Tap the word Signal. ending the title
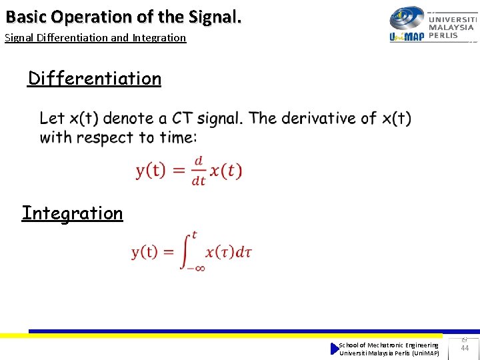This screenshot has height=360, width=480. tap(213, 15)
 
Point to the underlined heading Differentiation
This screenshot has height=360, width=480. tap(95, 79)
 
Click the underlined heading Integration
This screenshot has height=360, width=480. tap(73, 213)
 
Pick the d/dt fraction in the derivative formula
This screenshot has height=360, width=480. tap(198, 171)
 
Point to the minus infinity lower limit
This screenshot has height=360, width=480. tap(195, 268)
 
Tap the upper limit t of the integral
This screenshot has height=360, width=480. tap(194, 234)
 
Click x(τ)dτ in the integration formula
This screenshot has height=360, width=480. tap(228, 252)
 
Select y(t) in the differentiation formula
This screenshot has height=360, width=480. tap(151, 171)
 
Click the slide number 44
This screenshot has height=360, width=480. tap(465, 348)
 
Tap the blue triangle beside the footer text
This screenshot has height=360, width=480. tap(335, 349)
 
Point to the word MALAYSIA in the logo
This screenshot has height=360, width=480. tap(451, 28)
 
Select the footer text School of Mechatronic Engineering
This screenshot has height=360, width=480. tap(389, 345)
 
